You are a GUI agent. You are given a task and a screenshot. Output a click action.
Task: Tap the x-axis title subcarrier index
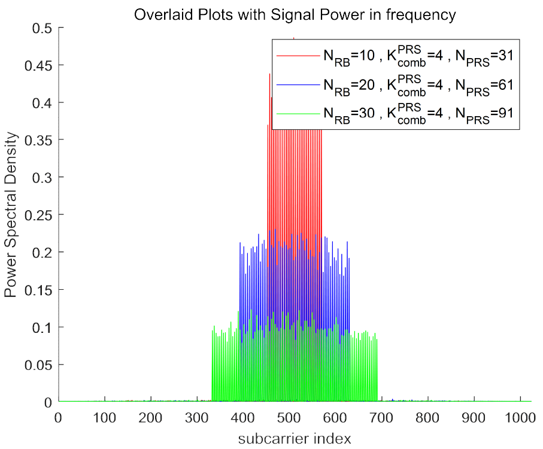(295, 438)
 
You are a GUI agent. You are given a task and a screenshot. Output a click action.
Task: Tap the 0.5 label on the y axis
(44, 28)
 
